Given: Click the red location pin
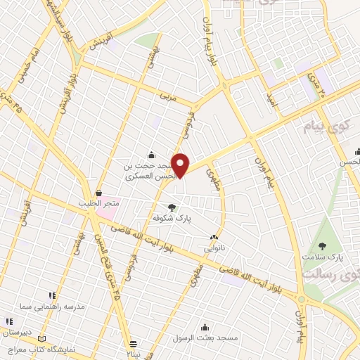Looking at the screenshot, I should pos(181,165).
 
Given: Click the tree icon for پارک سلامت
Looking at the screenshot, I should pos(323,245).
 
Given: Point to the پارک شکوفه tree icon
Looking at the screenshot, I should pos(172,207).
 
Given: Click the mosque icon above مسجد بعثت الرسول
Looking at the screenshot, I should pos(205,327).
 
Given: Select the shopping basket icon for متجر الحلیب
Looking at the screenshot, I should pos(98,193).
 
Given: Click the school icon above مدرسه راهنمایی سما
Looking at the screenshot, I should pos(51,296).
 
